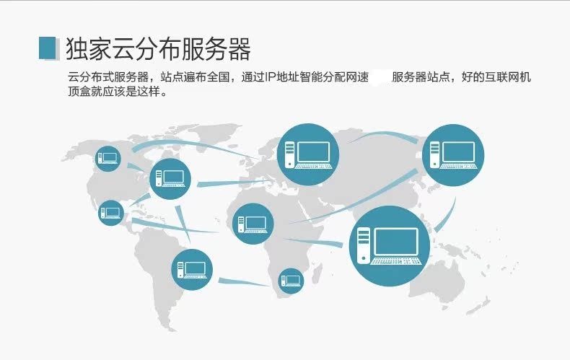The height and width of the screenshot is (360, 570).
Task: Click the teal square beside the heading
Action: point(47,47)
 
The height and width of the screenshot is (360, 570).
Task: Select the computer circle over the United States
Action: point(171,177)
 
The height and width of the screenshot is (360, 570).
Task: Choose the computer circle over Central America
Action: point(111,212)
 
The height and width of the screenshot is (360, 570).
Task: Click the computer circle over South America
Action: point(193,269)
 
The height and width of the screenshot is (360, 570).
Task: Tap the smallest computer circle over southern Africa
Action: point(291,281)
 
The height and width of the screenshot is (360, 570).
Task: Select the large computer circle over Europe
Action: point(309,154)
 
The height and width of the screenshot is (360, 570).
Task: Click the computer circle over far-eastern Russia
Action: point(453,154)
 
